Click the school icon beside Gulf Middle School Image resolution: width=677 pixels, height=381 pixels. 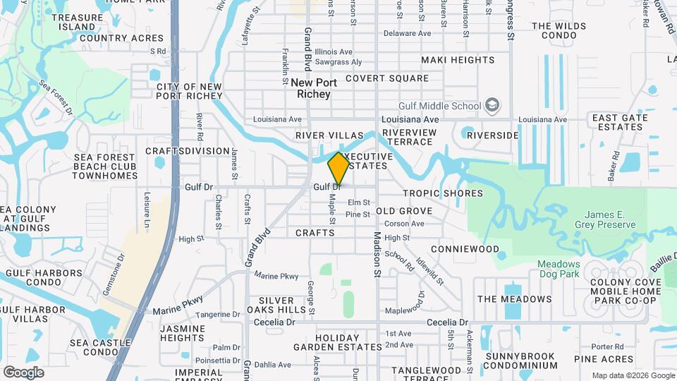coord(493,107)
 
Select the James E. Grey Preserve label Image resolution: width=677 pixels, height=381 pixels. coord(610,219)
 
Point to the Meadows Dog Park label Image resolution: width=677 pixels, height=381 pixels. coord(559,269)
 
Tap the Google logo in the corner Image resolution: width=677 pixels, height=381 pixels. coord(23,373)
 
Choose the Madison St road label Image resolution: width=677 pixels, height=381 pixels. coord(377,254)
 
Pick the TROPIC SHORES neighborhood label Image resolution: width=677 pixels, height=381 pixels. coord(443,193)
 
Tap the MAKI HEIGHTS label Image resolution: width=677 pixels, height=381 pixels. coord(458,60)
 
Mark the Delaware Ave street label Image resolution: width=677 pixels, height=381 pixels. coord(407,33)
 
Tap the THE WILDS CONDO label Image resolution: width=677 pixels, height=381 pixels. coord(559,31)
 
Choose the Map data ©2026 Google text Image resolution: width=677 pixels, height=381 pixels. coord(632,375)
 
